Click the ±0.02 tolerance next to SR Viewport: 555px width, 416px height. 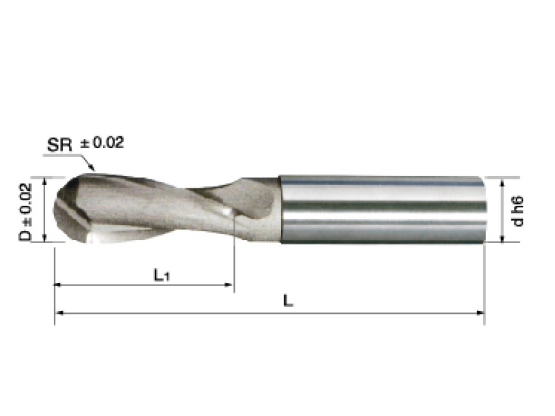tap(102, 143)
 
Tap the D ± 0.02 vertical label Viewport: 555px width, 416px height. tap(24, 211)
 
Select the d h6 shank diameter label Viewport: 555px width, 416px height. tap(518, 210)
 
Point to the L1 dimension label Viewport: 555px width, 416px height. tap(161, 275)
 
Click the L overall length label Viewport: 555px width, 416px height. tap(289, 301)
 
